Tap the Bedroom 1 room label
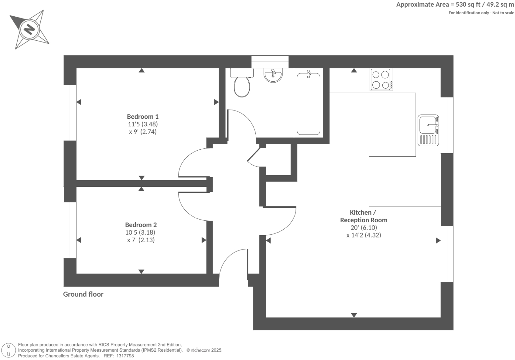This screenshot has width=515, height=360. coord(143,116)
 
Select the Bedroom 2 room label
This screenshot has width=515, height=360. coord(141,225)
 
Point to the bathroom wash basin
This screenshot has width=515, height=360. coord(273,75)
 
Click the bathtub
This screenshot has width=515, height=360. coord(308,104)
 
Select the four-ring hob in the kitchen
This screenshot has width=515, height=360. coord(381,80)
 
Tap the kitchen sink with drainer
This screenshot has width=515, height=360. coord(428,130)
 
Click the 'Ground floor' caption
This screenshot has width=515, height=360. coord(83,294)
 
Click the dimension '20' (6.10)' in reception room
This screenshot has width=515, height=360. coord(364,228)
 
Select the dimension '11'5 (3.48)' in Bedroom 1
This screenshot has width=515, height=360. coord(143,124)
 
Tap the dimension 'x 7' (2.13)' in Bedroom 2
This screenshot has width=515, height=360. coord(141,240)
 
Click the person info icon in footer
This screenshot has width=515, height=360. coord(9,350)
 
